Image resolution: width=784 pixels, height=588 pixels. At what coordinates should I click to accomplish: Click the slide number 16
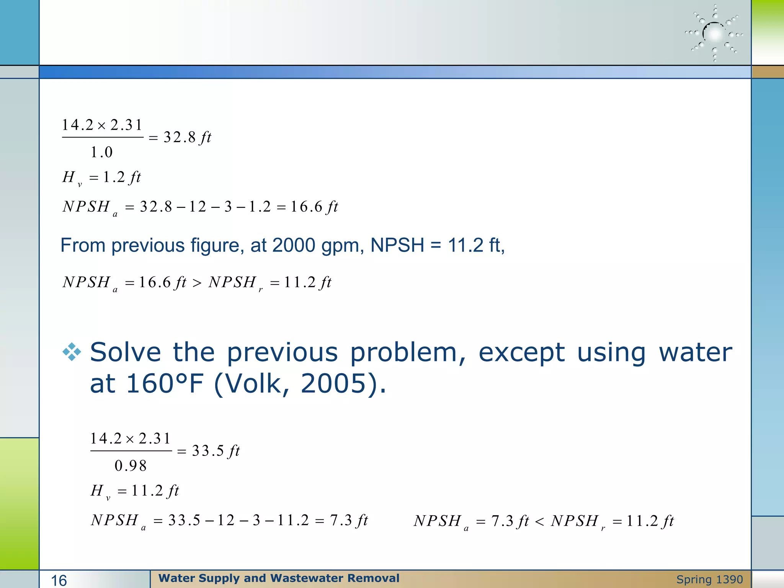tap(59, 580)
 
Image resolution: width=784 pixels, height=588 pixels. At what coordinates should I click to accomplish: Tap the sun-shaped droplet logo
tap(714, 34)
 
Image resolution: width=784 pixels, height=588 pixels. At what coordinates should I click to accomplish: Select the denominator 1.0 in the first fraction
tap(101, 152)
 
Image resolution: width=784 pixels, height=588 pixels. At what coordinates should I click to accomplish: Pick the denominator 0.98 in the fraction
tap(131, 466)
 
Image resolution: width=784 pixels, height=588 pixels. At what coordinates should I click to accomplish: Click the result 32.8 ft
tap(187, 137)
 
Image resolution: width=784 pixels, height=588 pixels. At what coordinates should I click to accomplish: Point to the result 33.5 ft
tap(216, 451)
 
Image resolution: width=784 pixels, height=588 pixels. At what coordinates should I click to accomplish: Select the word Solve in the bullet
tap(126, 352)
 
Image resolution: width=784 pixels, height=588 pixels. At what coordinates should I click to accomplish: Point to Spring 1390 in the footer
tap(709, 580)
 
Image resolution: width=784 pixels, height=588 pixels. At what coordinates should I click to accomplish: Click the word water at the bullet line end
tap(695, 352)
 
